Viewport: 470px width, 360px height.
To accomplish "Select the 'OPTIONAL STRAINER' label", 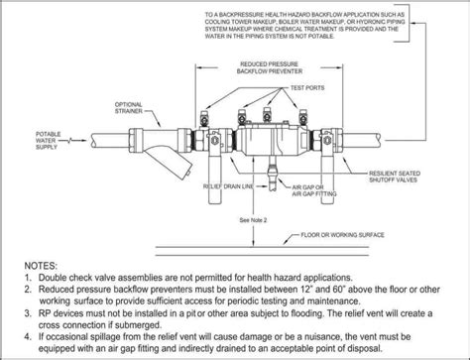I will (131, 106).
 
